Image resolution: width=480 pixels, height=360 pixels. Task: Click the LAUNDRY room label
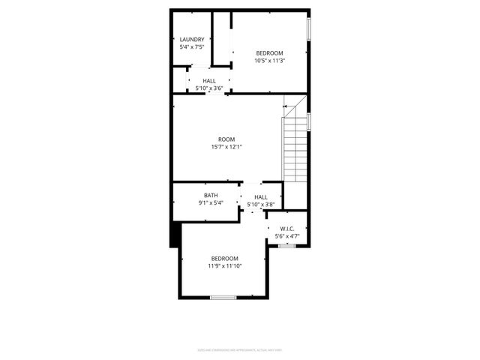pyautogui.click(x=192, y=40)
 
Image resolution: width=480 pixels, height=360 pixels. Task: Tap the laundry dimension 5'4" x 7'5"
pyautogui.click(x=192, y=47)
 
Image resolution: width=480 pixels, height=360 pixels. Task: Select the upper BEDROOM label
pyautogui.click(x=270, y=52)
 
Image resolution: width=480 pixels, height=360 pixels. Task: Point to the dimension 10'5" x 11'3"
pyautogui.click(x=270, y=61)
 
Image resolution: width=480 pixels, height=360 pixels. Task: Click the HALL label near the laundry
pyautogui.click(x=209, y=80)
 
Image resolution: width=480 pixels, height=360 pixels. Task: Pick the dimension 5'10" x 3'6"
pyautogui.click(x=209, y=88)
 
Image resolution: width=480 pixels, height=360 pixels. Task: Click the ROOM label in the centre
pyautogui.click(x=226, y=139)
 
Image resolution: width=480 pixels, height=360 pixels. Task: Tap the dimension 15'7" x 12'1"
pyautogui.click(x=226, y=148)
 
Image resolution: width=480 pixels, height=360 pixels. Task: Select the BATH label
pyautogui.click(x=211, y=196)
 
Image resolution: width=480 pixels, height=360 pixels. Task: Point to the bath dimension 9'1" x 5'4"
pyautogui.click(x=211, y=203)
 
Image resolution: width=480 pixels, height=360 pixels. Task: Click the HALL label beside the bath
pyautogui.click(x=261, y=197)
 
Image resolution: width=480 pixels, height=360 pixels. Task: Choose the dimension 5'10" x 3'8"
pyautogui.click(x=261, y=205)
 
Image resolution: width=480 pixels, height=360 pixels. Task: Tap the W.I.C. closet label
pyautogui.click(x=287, y=229)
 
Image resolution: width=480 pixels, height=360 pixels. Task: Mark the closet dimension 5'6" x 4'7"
pyautogui.click(x=287, y=237)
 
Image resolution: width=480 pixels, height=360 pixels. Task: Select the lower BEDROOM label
pyautogui.click(x=224, y=258)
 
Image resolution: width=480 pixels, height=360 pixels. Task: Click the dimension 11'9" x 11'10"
pyautogui.click(x=224, y=266)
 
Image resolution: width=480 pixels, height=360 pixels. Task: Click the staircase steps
pyautogui.click(x=295, y=150)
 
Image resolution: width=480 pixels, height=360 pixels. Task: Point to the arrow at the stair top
pyautogui.click(x=286, y=107)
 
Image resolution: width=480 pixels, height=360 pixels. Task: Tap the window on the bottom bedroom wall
pyautogui.click(x=223, y=298)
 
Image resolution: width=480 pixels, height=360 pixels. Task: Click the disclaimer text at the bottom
pyautogui.click(x=239, y=349)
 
